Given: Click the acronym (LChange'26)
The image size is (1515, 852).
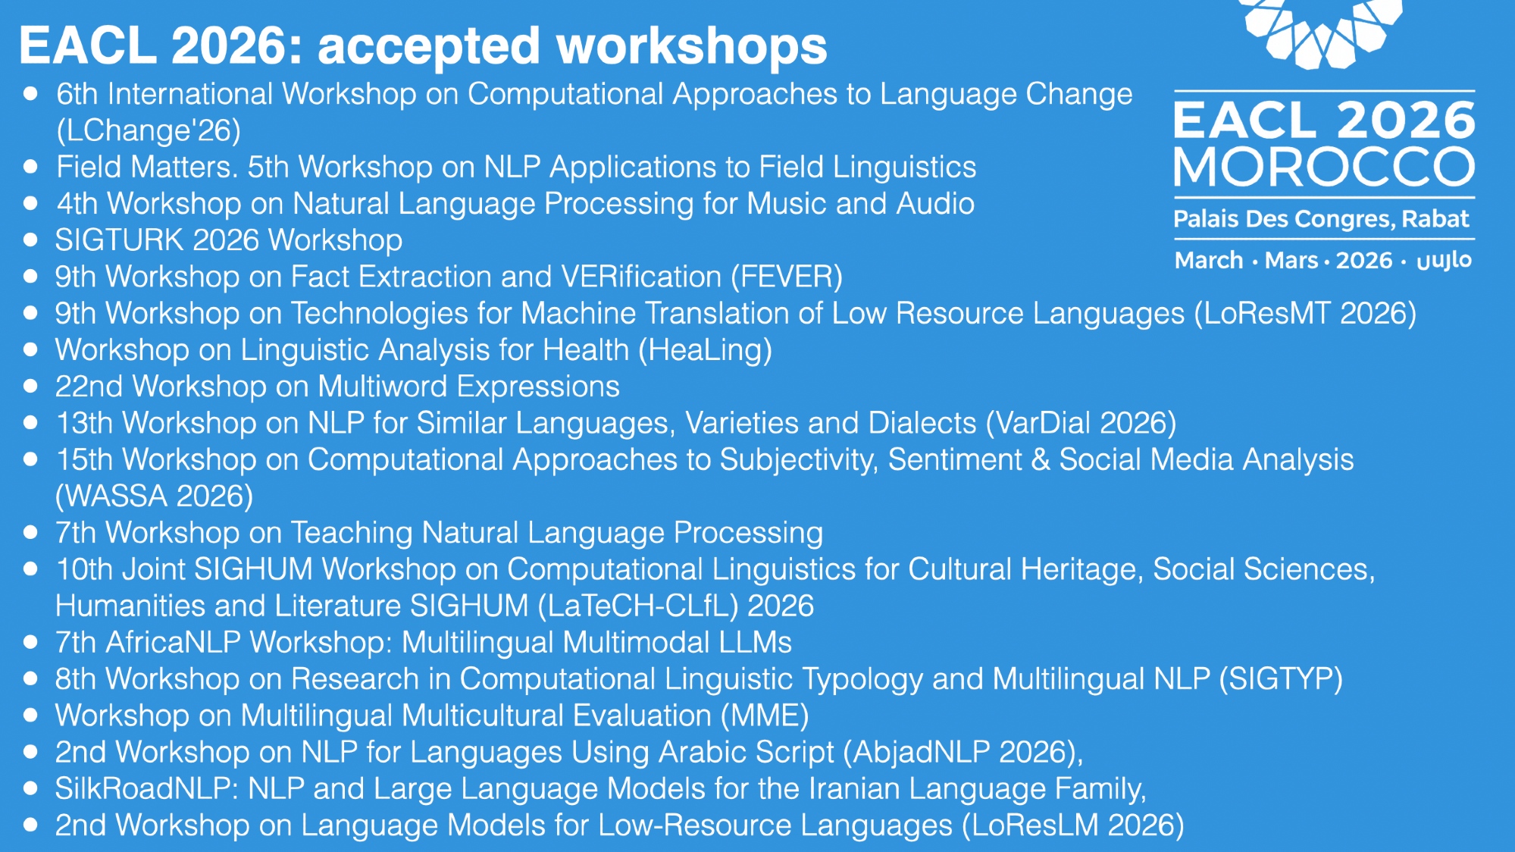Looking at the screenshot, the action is [x=149, y=130].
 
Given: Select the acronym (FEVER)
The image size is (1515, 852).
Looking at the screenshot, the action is [x=787, y=277].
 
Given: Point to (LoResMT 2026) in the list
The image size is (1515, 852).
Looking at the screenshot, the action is [x=1305, y=314].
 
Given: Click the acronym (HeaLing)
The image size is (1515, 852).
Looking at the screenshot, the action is [x=705, y=351].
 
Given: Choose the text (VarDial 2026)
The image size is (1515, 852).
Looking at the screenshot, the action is [x=1081, y=423].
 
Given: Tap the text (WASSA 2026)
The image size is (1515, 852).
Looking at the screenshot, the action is [x=155, y=496].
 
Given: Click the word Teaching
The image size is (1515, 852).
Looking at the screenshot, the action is [x=352, y=533].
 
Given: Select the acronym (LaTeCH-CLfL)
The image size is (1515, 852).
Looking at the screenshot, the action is [x=638, y=606].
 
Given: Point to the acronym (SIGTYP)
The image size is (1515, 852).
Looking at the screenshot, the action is [x=1281, y=679].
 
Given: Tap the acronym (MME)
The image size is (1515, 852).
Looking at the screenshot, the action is [x=765, y=716].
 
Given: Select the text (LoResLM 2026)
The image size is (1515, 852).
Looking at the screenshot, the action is [x=1073, y=825].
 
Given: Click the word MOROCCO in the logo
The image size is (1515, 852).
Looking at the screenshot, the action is [x=1324, y=167].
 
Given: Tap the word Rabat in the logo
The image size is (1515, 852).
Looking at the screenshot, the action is [x=1435, y=219].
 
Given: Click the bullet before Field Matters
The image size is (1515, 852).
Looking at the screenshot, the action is [x=30, y=168].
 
